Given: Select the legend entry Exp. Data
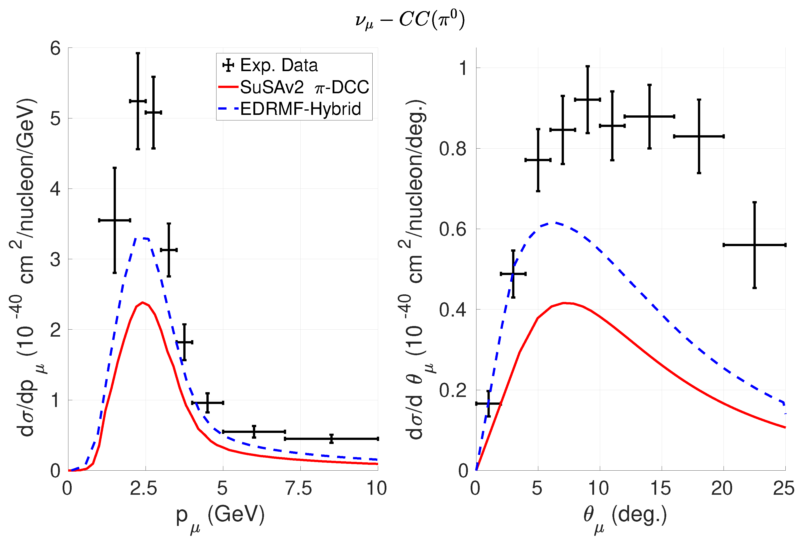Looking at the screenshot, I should pyautogui.click(x=279, y=65).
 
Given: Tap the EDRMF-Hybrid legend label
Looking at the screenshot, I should pyautogui.click(x=300, y=109).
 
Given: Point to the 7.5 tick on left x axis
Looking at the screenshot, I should pyautogui.click(x=299, y=488).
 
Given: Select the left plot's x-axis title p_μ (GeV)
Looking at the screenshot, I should pyautogui.click(x=220, y=516).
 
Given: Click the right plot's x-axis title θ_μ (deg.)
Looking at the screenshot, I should pyautogui.click(x=625, y=516).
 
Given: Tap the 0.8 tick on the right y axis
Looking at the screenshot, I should pyautogui.click(x=453, y=149).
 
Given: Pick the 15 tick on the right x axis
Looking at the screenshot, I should pyautogui.click(x=660, y=488).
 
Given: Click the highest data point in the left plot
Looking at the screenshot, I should pyautogui.click(x=138, y=101).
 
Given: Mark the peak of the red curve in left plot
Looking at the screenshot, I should pyautogui.click(x=142, y=303).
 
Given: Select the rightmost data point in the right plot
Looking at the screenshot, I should pyautogui.click(x=754, y=245).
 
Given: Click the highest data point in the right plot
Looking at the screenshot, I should pyautogui.click(x=587, y=100).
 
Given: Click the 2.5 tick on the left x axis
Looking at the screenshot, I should pyautogui.click(x=144, y=488).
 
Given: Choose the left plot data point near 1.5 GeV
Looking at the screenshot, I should pyautogui.click(x=115, y=220).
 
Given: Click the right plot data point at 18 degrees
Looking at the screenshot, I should pyautogui.click(x=699, y=136).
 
